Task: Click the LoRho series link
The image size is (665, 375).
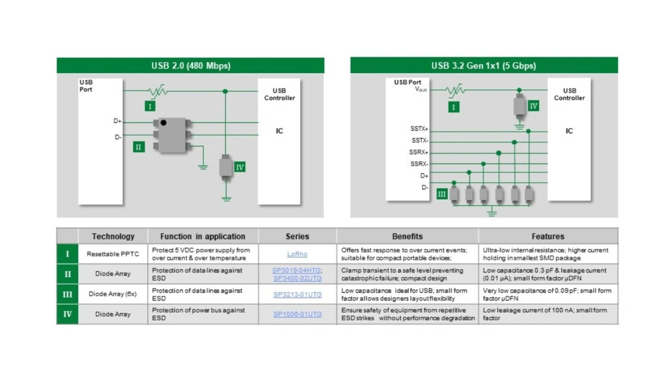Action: pos(297,254)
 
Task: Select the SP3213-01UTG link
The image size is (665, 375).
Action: pos(298,294)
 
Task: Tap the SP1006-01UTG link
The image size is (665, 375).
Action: pos(298,314)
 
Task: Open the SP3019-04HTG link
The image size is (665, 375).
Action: pos(296,270)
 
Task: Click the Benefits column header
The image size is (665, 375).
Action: pos(407,237)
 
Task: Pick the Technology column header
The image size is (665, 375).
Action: pos(113,237)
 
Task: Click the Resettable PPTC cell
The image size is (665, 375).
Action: pos(113,254)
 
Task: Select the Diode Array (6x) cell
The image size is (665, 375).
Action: pos(113,294)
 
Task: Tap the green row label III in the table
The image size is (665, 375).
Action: pos(68,294)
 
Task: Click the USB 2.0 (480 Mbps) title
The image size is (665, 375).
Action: pos(191,66)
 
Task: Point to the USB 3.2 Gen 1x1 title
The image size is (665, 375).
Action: pos(484,66)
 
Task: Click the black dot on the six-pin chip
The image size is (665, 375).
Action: pos(163,122)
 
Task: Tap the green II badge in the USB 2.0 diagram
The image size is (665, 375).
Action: pos(139,147)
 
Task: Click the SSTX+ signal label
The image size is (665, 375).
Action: pos(419,128)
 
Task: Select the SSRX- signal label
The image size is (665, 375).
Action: pos(419,164)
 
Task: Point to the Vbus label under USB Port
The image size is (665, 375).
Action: pos(421,89)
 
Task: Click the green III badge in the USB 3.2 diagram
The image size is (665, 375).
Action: pos(442,195)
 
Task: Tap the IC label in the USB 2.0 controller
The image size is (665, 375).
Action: pos(280,131)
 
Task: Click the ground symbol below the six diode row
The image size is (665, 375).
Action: pos(492,212)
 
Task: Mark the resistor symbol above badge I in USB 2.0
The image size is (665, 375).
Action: pos(157,91)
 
